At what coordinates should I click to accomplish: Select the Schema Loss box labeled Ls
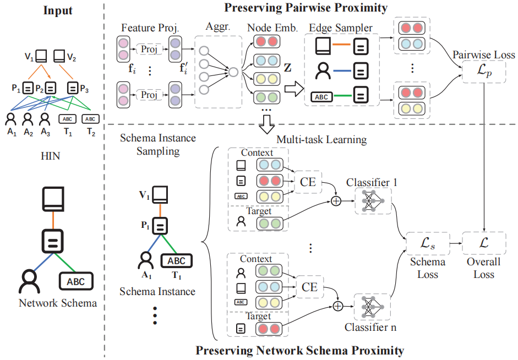point(428,243)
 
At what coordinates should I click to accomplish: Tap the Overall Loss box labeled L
point(484,243)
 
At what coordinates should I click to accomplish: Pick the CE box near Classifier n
point(309,286)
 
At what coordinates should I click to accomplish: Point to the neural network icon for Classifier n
point(373,307)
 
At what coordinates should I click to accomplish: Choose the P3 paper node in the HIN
point(73,88)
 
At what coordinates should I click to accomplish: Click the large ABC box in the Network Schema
point(76,281)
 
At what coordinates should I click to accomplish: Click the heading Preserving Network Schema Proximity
point(300,351)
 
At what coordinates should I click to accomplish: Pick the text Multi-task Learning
point(321,140)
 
